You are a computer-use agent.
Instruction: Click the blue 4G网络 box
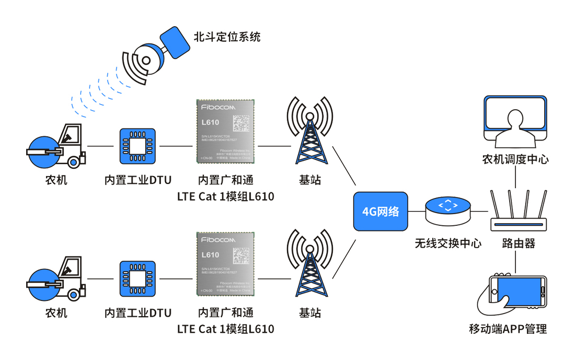381,212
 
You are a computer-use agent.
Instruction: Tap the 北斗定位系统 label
227,37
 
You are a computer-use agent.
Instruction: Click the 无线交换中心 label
448,243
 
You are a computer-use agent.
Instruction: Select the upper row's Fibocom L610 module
225,131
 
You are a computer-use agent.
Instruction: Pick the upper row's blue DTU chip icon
137,146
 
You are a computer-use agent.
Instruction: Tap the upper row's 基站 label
310,181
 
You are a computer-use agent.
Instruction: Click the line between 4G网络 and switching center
416,212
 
